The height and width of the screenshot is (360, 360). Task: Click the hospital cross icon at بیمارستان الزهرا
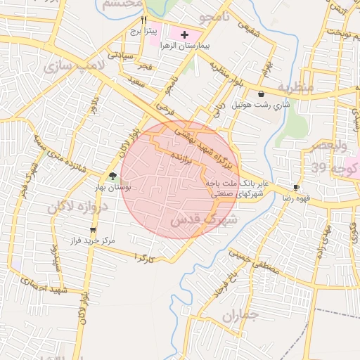click(x=185, y=34)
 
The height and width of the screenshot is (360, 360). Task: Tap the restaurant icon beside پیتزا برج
click(x=143, y=20)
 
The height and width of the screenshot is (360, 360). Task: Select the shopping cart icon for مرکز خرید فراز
click(x=93, y=230)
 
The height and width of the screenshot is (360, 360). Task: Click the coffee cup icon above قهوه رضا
click(x=296, y=187)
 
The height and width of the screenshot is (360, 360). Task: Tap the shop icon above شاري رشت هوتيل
click(x=262, y=94)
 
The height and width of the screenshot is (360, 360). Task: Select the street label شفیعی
click(x=245, y=30)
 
